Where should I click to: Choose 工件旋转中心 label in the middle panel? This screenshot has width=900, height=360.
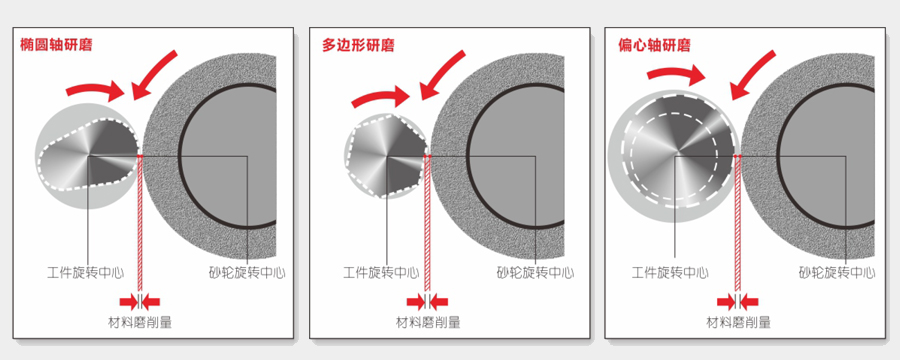381,272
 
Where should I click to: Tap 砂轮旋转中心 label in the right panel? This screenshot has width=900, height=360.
836,272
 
